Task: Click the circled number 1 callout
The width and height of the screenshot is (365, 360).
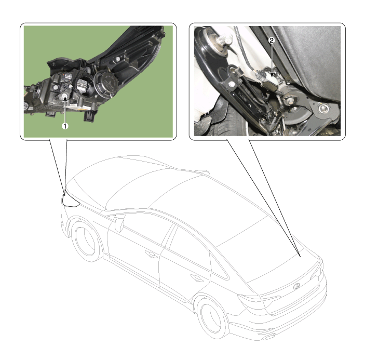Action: (x=65, y=126)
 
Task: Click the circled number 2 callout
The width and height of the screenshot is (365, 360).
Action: (x=272, y=41)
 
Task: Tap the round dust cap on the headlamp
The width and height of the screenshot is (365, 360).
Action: (x=106, y=83)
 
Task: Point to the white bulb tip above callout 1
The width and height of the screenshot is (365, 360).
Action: (x=64, y=96)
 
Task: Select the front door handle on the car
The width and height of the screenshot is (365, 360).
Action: (x=151, y=254)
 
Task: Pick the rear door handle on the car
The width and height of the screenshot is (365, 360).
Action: (x=197, y=277)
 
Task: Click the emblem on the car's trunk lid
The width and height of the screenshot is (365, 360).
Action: (x=297, y=286)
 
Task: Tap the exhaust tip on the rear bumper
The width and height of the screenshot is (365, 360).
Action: (x=269, y=337)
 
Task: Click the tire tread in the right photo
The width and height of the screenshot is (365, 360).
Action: (x=231, y=121)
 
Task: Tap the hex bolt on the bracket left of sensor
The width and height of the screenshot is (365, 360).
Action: (x=233, y=85)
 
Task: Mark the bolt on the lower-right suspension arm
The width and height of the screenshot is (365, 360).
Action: (x=323, y=108)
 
